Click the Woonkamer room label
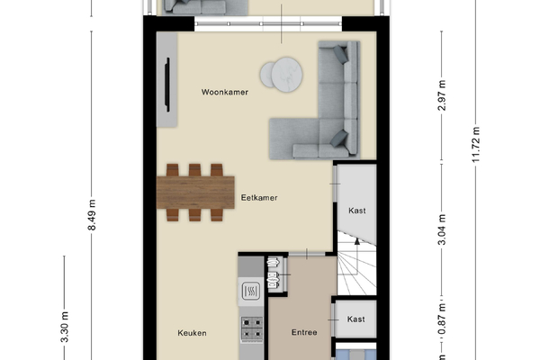pos(225,92)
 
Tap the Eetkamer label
pos(259,198)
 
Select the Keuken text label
pos(193,333)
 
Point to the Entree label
pos(304,332)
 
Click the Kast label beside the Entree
pos(355,319)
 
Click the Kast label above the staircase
pos(357,211)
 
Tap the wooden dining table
pos(195,193)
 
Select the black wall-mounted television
pos(167,85)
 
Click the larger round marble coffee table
pos(287,74)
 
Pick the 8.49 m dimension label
pos(92,214)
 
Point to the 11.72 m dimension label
pos(476,145)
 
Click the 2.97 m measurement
pos(442,95)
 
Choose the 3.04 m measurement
pos(442,229)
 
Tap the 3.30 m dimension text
pos(65,327)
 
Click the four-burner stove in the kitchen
pos(251,328)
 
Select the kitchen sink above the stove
pos(251,292)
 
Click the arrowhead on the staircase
pos(357,241)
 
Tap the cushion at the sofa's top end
pos(340,54)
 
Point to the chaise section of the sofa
pos(294,139)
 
